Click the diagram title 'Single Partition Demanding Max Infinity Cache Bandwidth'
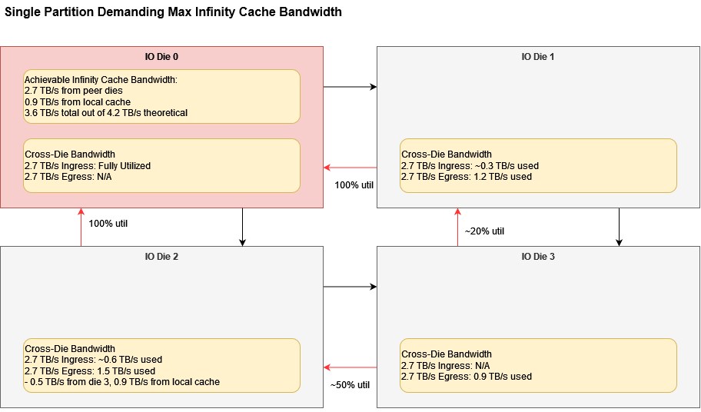pyautogui.click(x=173, y=12)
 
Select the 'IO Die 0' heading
pyautogui.click(x=161, y=57)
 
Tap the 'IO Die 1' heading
pyautogui.click(x=538, y=57)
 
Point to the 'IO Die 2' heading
pyautogui.click(x=161, y=257)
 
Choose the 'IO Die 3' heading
pyautogui.click(x=538, y=257)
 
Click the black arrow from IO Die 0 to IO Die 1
pyautogui.click(x=350, y=87)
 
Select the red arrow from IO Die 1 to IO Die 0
pyautogui.click(x=350, y=167)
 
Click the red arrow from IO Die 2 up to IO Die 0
pyautogui.click(x=81, y=227)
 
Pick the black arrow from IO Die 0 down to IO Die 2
pyautogui.click(x=242, y=227)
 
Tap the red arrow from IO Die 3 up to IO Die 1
pyautogui.click(x=457, y=227)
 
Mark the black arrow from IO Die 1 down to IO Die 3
pyautogui.click(x=619, y=227)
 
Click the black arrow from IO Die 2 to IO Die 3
pyautogui.click(x=350, y=287)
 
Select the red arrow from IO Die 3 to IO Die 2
pyautogui.click(x=350, y=367)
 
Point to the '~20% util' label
pyautogui.click(x=484, y=231)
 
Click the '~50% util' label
pyautogui.click(x=350, y=384)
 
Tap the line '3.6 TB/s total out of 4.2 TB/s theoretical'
pyautogui.click(x=106, y=113)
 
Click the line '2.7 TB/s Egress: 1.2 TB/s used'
pyautogui.click(x=467, y=177)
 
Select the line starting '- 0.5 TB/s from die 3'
pyautogui.click(x=122, y=382)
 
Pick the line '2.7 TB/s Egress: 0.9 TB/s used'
pyautogui.click(x=467, y=377)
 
